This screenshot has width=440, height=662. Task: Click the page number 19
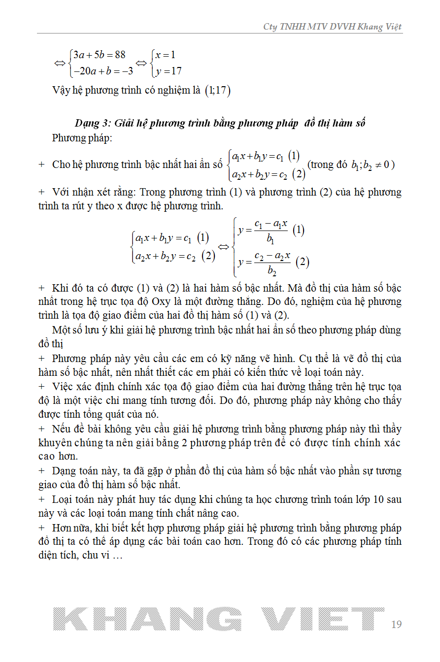(396, 624)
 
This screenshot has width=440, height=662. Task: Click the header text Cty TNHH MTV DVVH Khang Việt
(333, 27)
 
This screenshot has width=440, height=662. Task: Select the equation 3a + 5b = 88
(100, 55)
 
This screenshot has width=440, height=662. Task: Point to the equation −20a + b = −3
(103, 71)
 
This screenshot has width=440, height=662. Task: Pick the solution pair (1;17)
(217, 91)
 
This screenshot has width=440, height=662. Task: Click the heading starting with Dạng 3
(220, 123)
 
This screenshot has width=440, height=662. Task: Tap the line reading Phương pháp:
(82, 138)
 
